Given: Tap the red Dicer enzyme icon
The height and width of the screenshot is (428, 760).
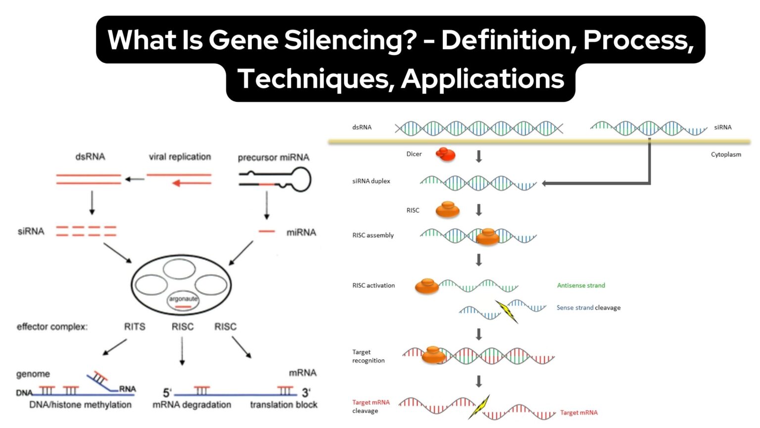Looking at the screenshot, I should (x=445, y=155).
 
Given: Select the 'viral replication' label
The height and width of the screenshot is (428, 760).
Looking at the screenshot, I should (x=180, y=157).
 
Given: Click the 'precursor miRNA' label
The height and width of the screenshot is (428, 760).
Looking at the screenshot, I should (x=273, y=158).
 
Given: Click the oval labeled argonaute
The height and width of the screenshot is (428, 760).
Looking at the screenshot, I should (x=183, y=300).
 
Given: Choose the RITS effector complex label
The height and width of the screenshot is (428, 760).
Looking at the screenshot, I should (x=135, y=327).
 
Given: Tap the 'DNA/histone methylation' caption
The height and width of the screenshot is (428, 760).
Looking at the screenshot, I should (x=80, y=405).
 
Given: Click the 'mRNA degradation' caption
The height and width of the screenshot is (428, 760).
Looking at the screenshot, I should (x=191, y=405).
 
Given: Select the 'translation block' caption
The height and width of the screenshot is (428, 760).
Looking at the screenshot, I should (x=284, y=405).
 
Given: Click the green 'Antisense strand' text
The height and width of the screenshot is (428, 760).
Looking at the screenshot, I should (x=581, y=285).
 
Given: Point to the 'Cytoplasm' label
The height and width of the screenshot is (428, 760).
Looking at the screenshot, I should (x=726, y=155).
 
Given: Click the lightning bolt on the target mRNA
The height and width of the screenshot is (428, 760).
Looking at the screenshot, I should (x=479, y=407).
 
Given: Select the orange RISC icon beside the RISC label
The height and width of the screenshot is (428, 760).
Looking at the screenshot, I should (x=447, y=210).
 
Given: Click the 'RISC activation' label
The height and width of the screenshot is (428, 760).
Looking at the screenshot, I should (x=374, y=285).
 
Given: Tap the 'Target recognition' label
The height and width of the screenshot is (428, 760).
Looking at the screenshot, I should (x=368, y=356).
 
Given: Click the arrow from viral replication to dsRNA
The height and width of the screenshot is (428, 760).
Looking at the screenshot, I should (x=134, y=179).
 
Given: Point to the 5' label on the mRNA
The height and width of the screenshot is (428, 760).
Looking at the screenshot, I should (x=167, y=393).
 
